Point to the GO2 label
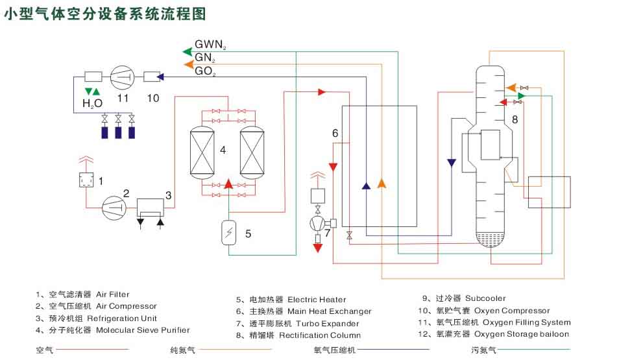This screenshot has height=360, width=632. point(206,71)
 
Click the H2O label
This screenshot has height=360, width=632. point(92,102)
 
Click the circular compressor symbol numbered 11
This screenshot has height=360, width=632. point(122,78)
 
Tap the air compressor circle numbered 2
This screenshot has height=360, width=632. point(114,206)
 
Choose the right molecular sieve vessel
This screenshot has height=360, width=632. point(252,152)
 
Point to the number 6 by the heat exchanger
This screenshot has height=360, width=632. point(335,133)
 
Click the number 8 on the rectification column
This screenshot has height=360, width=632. point(515,119)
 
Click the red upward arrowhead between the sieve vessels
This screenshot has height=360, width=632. point(228,184)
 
